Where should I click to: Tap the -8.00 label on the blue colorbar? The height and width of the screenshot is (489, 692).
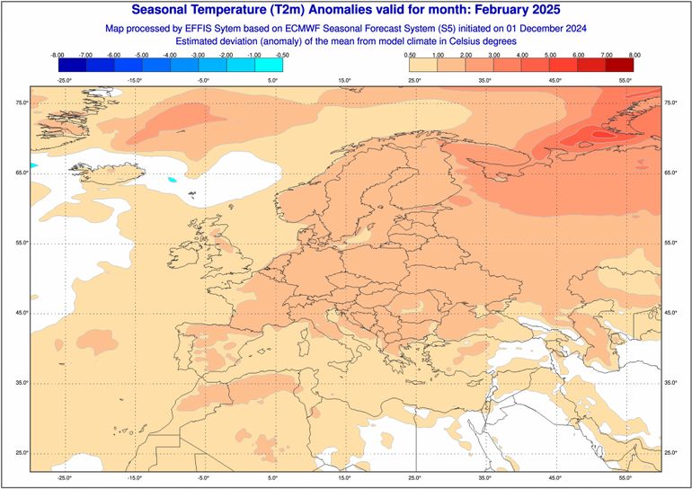click(59, 56)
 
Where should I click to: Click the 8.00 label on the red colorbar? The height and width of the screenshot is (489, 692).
click(634, 56)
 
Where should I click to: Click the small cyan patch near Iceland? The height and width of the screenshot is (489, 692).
click(172, 179)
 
